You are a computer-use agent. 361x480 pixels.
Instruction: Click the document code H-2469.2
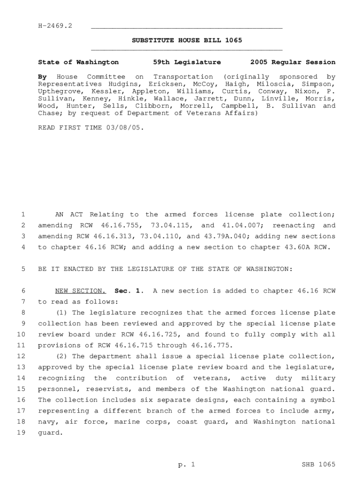[x=55, y=25]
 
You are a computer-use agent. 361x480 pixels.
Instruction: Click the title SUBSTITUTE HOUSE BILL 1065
[x=187, y=40]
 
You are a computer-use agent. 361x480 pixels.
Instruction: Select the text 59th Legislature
[x=187, y=62]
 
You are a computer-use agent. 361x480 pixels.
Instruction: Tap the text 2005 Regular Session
[x=293, y=62]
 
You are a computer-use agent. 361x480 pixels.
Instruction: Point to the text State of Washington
[x=78, y=62]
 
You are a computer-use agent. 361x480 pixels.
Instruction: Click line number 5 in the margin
[x=23, y=269]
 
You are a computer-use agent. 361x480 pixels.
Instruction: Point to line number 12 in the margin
[x=21, y=356]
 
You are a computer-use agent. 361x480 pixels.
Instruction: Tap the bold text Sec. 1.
[x=128, y=291]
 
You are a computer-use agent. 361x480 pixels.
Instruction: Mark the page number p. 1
[x=186, y=465]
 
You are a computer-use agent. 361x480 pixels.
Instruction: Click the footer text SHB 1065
[x=318, y=465]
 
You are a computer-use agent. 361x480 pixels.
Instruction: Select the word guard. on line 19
[x=50, y=433]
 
